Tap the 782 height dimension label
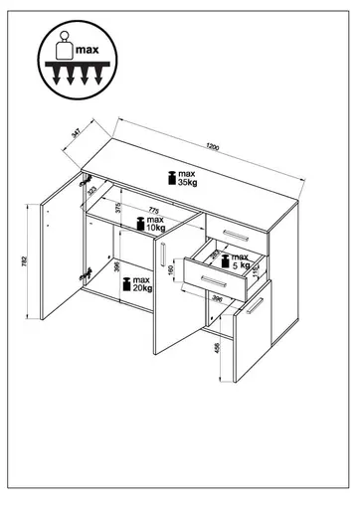point(22,260)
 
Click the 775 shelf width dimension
point(153,210)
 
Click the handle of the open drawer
point(213,285)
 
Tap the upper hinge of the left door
point(80,182)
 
